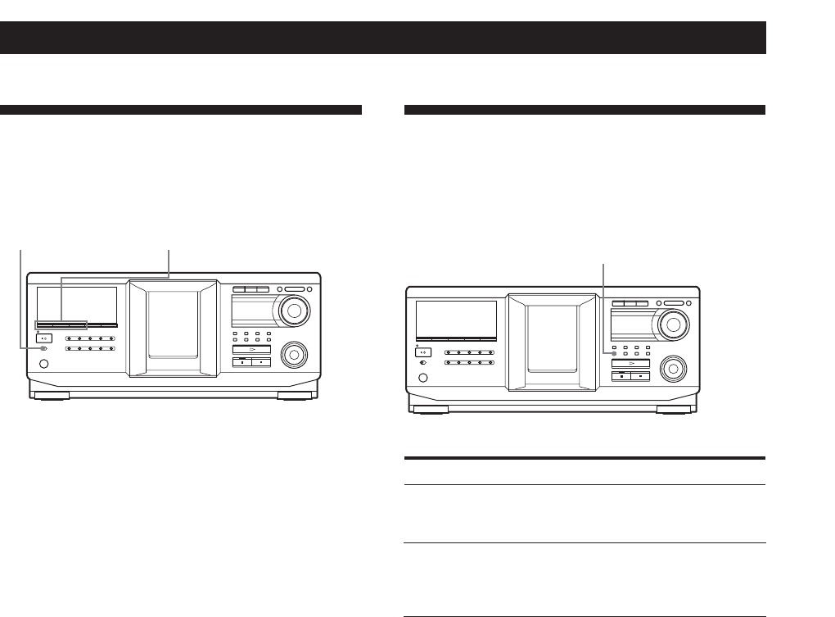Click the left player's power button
(44, 338)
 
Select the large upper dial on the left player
(295, 311)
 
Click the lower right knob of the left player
(292, 356)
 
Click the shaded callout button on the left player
(43, 349)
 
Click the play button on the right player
(630, 363)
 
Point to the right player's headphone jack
(422, 379)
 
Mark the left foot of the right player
(426, 411)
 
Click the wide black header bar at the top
(382, 38)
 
